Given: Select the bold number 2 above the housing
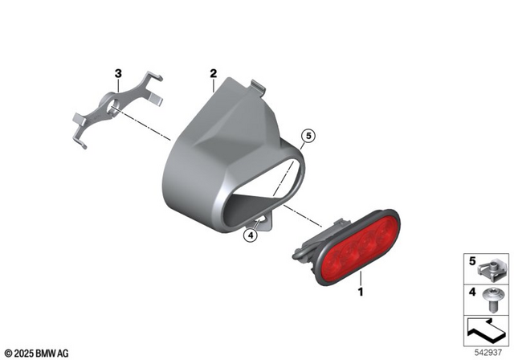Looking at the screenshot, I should point(213,75).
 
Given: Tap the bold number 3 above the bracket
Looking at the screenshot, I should point(119,74).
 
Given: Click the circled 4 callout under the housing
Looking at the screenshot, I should point(250,235).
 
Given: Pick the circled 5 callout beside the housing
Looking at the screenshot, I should point(306,137).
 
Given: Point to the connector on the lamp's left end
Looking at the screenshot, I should point(305,244).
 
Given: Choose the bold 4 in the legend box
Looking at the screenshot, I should point(471,292).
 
